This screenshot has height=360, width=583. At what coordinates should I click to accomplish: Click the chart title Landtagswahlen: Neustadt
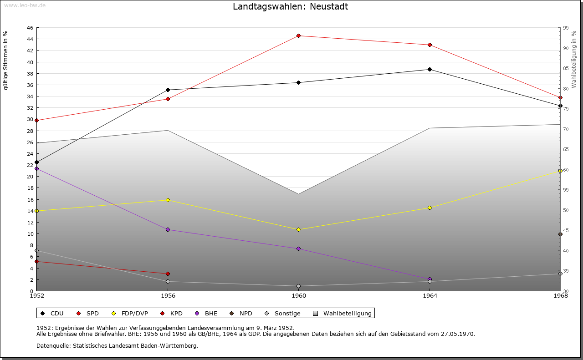coord(290,7)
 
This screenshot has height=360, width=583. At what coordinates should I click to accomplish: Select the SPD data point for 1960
coord(298,35)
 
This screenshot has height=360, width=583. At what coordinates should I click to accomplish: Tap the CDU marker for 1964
coord(430,69)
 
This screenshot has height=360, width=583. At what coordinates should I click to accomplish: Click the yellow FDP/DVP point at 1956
coord(168,200)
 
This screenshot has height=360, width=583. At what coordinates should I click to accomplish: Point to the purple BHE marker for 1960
coord(298,248)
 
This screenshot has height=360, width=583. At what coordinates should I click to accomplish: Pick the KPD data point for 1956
coord(168,274)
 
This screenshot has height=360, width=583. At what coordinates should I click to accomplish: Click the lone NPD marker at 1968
coord(560,234)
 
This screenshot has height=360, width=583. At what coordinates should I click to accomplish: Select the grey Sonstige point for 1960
coord(298,286)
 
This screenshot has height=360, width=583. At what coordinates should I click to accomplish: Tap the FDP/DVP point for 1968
coord(560,171)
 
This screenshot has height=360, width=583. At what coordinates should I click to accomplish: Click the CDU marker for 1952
coord(36,162)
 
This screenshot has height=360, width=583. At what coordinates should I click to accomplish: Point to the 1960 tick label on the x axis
coord(299,296)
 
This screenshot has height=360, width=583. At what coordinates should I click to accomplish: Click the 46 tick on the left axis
coord(29,28)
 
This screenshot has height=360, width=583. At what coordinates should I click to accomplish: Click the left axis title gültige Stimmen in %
coord(6,61)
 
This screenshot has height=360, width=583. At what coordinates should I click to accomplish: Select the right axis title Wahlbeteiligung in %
coord(574,59)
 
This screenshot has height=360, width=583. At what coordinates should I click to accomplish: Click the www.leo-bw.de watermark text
coord(23,5)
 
